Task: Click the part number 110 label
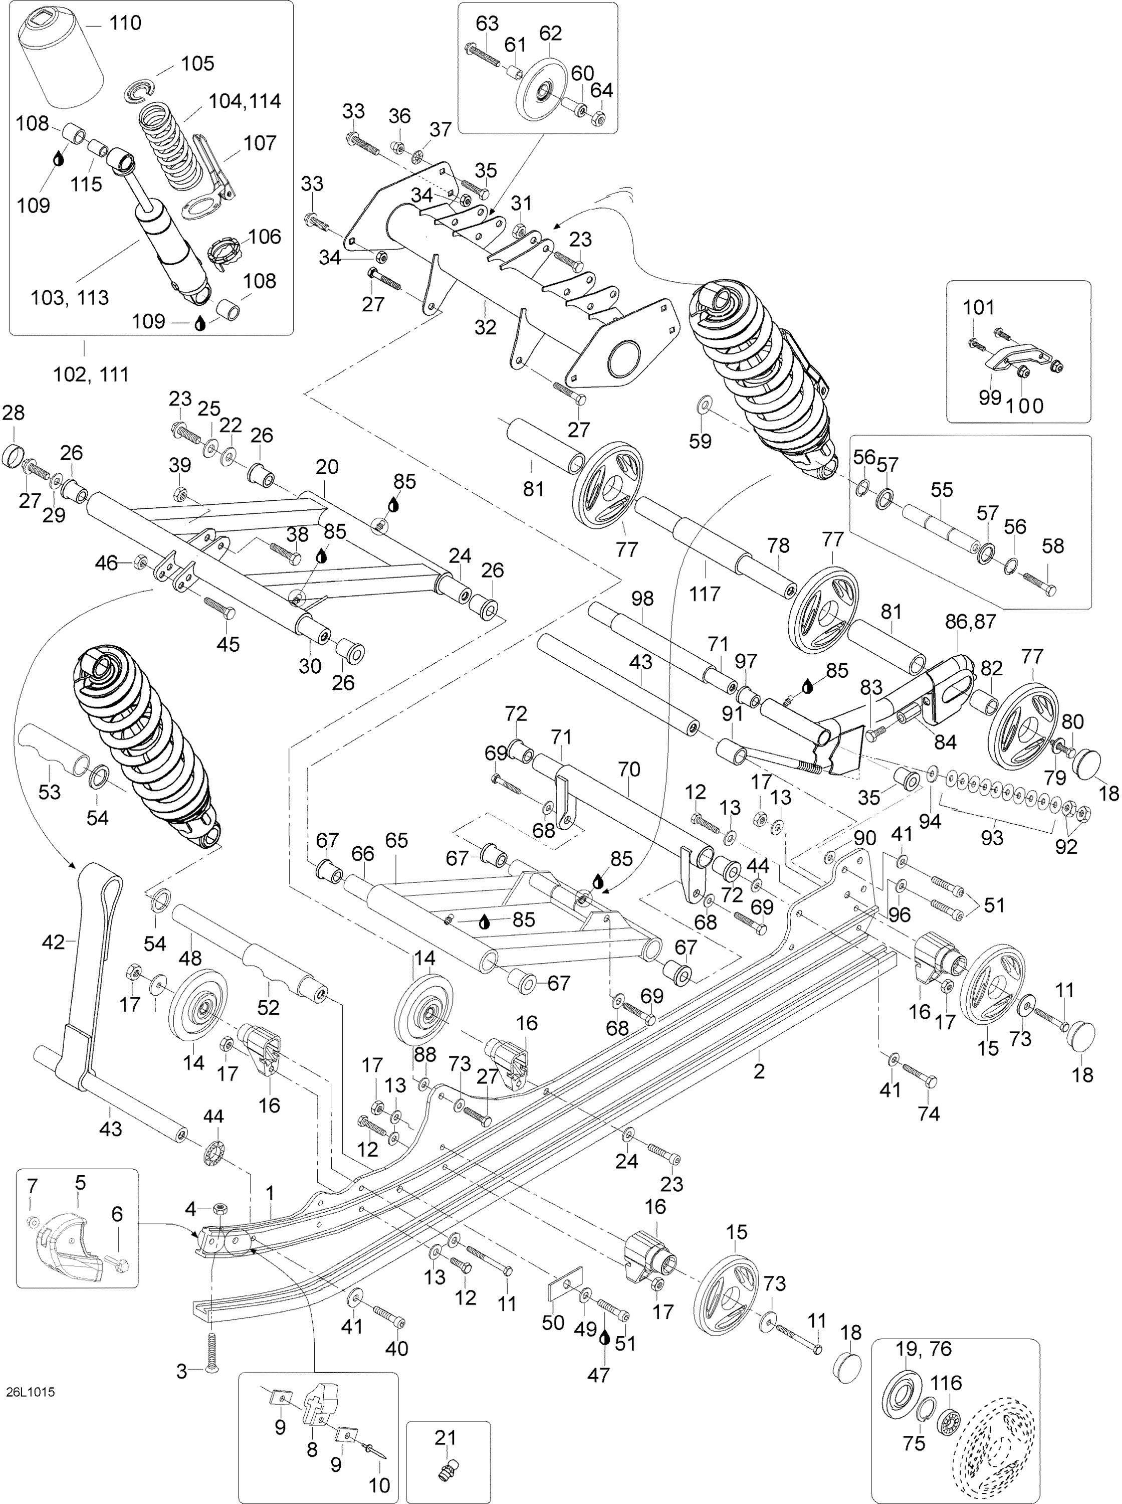click(126, 24)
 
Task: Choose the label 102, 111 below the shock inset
click(92, 373)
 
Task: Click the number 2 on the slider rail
click(759, 1071)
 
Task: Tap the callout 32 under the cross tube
click(486, 327)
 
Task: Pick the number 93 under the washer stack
click(992, 838)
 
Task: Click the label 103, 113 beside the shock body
click(70, 297)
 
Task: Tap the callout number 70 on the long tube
click(629, 770)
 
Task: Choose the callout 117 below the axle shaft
click(704, 594)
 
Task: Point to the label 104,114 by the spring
click(245, 101)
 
